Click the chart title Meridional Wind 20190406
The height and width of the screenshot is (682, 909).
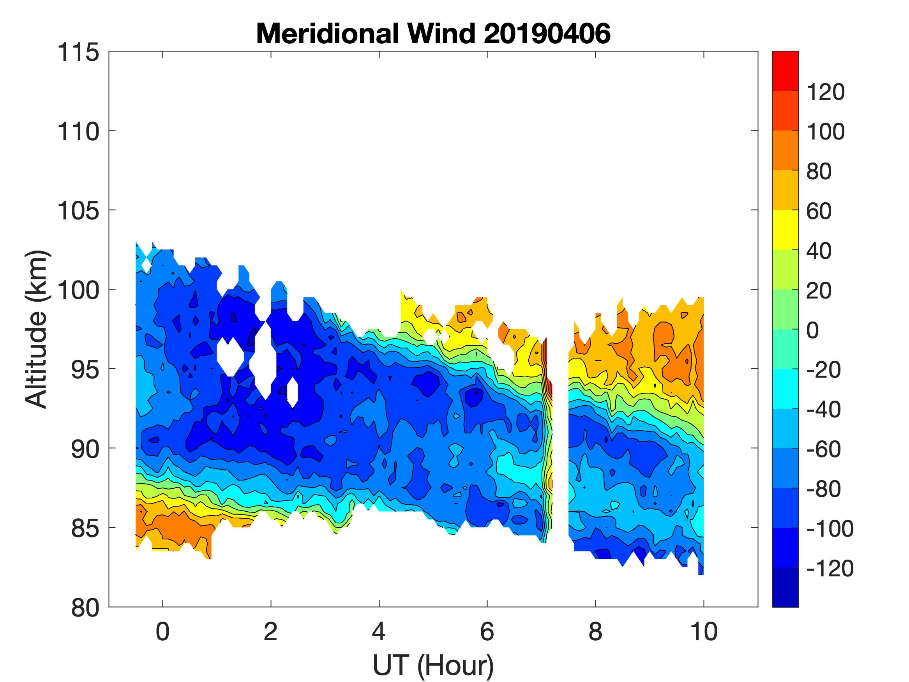433,33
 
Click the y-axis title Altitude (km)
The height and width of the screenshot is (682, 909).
37,329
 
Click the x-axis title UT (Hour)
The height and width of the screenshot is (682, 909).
433,665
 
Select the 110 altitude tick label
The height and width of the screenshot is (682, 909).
78,132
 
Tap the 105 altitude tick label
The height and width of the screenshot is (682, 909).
78,211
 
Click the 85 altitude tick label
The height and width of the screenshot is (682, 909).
84,528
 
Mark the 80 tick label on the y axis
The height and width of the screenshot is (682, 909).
84,608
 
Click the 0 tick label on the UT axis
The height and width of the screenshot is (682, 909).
163,632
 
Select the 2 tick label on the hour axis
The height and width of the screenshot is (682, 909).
270,632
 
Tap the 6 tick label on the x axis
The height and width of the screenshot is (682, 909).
487,632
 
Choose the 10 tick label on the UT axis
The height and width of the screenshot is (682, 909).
704,632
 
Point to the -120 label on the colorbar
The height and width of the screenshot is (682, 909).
830,569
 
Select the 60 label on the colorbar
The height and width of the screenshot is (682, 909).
819,211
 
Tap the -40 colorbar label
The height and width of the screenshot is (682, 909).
824,410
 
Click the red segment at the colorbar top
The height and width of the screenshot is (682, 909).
785,70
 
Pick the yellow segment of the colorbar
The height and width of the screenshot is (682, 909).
785,230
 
